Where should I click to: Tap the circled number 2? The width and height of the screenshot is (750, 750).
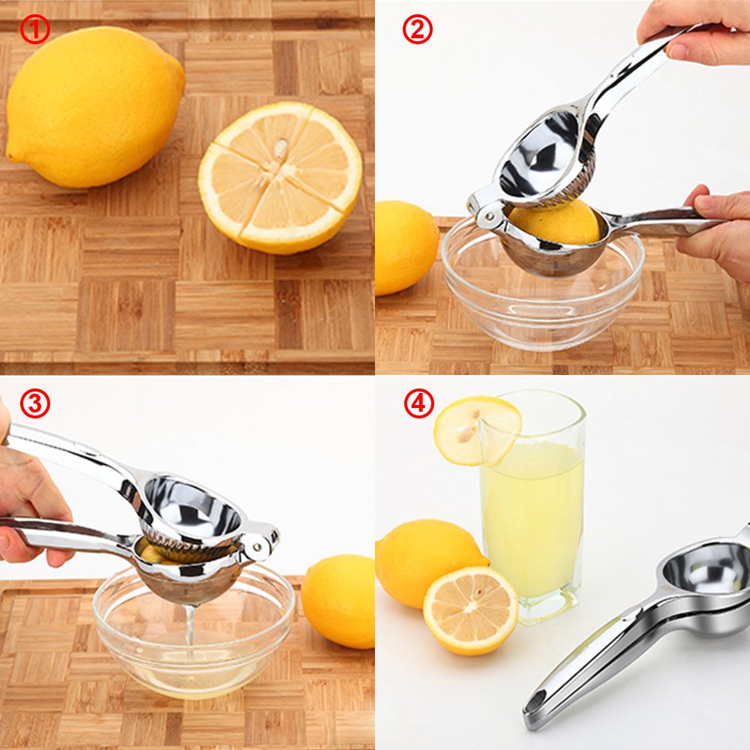coord(418,29)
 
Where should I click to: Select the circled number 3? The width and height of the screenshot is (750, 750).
coord(34,404)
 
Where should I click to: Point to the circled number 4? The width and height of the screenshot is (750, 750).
coord(418,404)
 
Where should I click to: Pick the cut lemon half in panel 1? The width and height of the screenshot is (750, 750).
coord(280,177)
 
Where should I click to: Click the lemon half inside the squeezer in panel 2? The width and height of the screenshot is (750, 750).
coord(555,223)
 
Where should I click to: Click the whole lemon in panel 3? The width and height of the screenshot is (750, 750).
coord(339,600)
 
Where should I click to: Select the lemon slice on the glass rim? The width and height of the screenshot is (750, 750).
coord(476,430)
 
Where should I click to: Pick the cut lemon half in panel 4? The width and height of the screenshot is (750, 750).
coord(470,610)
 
